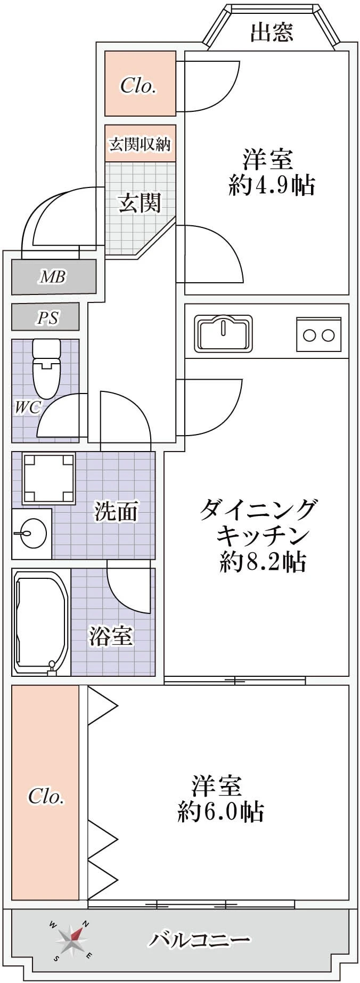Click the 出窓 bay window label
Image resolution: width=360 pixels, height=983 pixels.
click(x=272, y=32)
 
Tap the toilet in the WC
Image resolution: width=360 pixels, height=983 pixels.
click(x=46, y=369)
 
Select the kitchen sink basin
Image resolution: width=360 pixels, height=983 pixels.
click(x=223, y=334)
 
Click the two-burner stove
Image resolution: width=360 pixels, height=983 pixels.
click(x=318, y=334)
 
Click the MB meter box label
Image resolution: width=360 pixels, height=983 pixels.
click(x=53, y=277)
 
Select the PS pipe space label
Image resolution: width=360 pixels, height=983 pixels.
click(x=47, y=318)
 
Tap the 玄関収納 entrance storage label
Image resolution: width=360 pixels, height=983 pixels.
click(x=140, y=144)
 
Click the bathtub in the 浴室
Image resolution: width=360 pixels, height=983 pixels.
click(x=41, y=621)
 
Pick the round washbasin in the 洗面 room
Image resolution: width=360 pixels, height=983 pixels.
click(x=31, y=533)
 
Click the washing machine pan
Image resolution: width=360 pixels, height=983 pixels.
click(x=48, y=478)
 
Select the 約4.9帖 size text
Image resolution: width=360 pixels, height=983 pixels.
click(x=272, y=185)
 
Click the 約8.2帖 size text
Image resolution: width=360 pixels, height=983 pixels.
click(x=263, y=561)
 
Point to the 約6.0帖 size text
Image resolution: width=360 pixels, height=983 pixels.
click(x=220, y=812)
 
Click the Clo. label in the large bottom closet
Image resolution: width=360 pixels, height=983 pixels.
click(x=46, y=796)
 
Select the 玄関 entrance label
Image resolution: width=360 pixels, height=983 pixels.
click(x=139, y=203)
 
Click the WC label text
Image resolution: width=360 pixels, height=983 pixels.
click(x=27, y=408)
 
